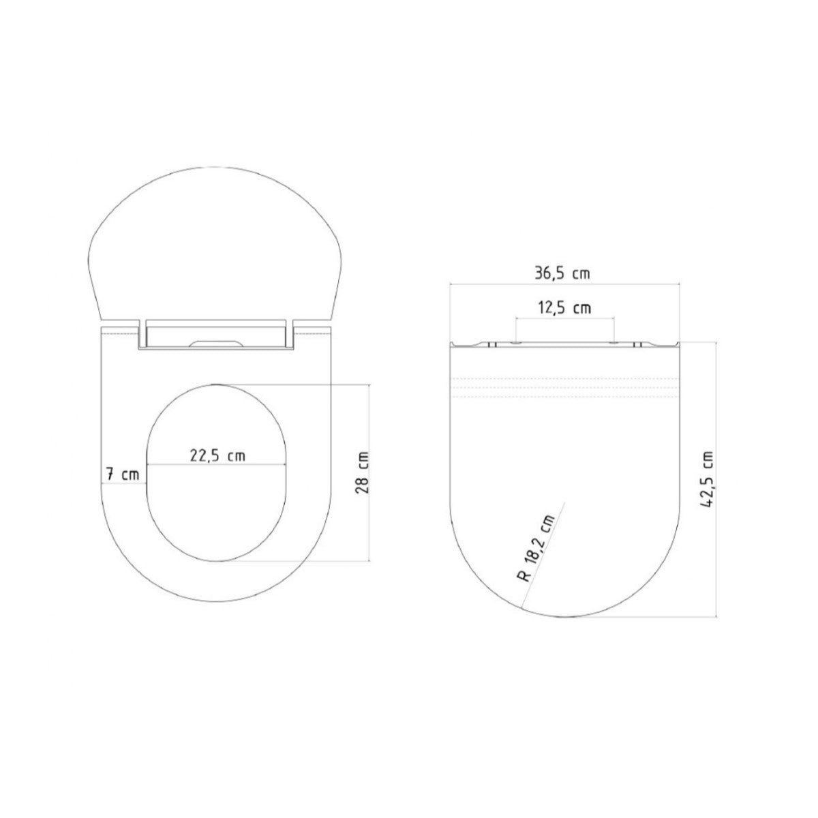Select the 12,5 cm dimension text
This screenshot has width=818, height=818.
pos(564,308)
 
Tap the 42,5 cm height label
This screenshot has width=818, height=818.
pos(710,479)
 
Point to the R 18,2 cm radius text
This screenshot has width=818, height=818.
pos(536,547)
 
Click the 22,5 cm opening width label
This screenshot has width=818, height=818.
pos(217,456)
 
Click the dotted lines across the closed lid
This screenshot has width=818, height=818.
pos(564,387)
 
